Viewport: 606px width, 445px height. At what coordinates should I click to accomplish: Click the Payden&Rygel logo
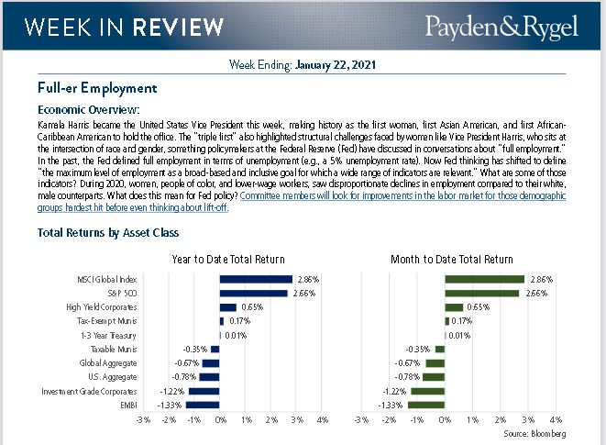(501, 26)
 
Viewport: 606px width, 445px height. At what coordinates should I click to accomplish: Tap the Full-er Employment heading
(97, 88)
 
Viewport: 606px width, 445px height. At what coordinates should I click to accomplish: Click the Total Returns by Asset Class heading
(108, 233)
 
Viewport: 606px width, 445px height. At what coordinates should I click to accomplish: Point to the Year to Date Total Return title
(228, 260)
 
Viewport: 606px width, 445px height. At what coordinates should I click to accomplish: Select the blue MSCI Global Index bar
(256, 279)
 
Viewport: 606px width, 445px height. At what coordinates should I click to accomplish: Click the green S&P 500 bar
(481, 294)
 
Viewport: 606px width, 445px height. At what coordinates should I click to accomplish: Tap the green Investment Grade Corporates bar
(427, 391)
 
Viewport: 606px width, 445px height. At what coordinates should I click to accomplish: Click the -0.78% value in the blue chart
(186, 377)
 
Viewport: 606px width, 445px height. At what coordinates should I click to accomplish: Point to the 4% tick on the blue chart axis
(323, 420)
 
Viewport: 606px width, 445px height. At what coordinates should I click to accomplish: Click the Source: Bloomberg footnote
(534, 432)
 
